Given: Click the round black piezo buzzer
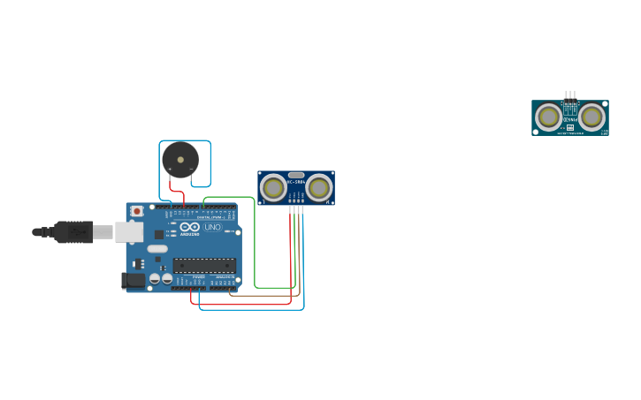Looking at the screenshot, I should point(180,160).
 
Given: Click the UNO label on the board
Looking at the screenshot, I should point(213,227).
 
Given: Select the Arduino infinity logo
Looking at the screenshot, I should point(190,227).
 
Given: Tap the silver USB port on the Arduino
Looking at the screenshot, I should point(129,231).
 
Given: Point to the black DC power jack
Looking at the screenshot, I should point(134,280).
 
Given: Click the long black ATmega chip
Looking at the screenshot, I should point(204,264).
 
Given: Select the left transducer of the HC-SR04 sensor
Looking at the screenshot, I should point(273,187).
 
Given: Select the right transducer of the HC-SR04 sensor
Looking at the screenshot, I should point(319,187).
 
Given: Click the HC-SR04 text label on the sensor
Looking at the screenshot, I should point(296,182).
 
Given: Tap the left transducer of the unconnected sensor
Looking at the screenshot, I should point(548,117).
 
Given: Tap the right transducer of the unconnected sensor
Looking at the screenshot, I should point(591,117).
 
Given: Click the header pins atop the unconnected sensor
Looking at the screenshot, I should point(570,94).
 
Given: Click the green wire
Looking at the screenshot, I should point(255,247).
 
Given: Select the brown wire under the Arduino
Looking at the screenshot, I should point(265,296).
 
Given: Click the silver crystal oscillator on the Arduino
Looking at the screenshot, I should point(157,249).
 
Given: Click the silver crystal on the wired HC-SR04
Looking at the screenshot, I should point(296,175).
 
